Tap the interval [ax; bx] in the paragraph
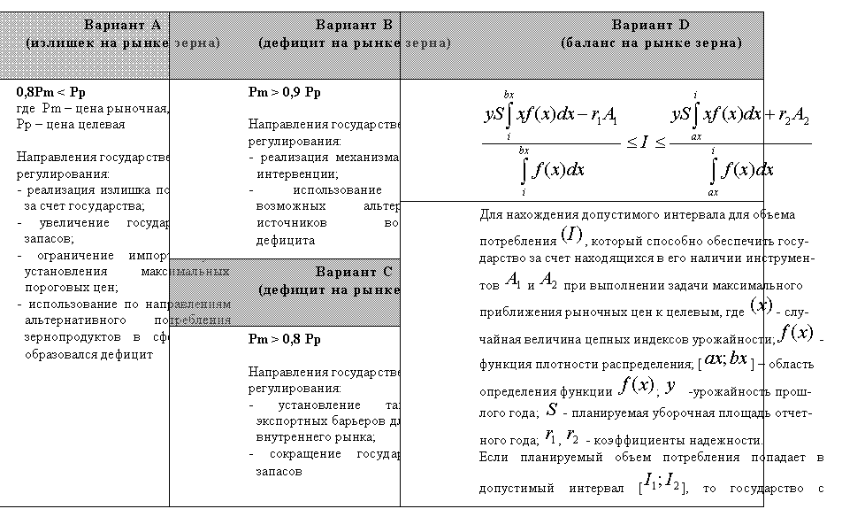[724, 365]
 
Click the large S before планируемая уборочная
[551, 410]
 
